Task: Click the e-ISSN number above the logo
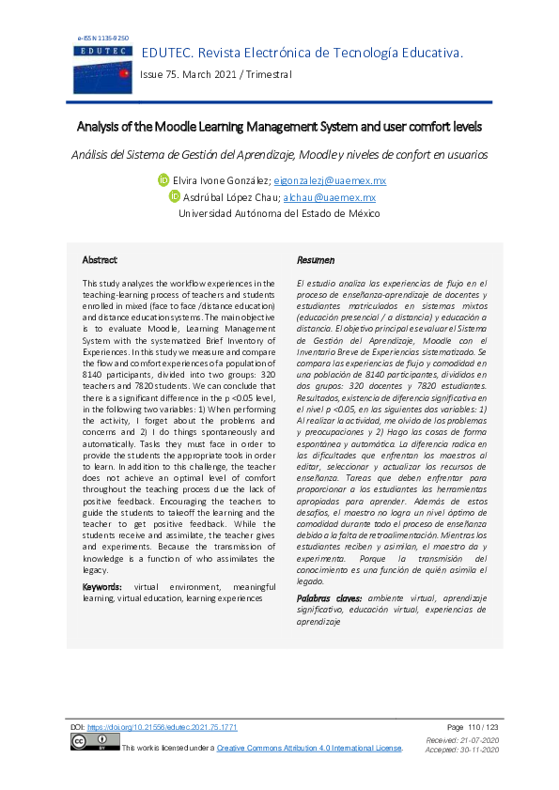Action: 102,39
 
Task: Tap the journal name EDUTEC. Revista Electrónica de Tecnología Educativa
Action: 302,54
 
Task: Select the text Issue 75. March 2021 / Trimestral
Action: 216,74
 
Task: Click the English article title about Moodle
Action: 279,126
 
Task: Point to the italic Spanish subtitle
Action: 279,154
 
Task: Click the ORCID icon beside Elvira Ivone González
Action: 163,180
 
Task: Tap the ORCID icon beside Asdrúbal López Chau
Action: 175,197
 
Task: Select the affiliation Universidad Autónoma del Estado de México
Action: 279,214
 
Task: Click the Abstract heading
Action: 100,259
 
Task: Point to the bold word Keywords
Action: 102,586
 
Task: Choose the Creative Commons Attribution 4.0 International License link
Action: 309,748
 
